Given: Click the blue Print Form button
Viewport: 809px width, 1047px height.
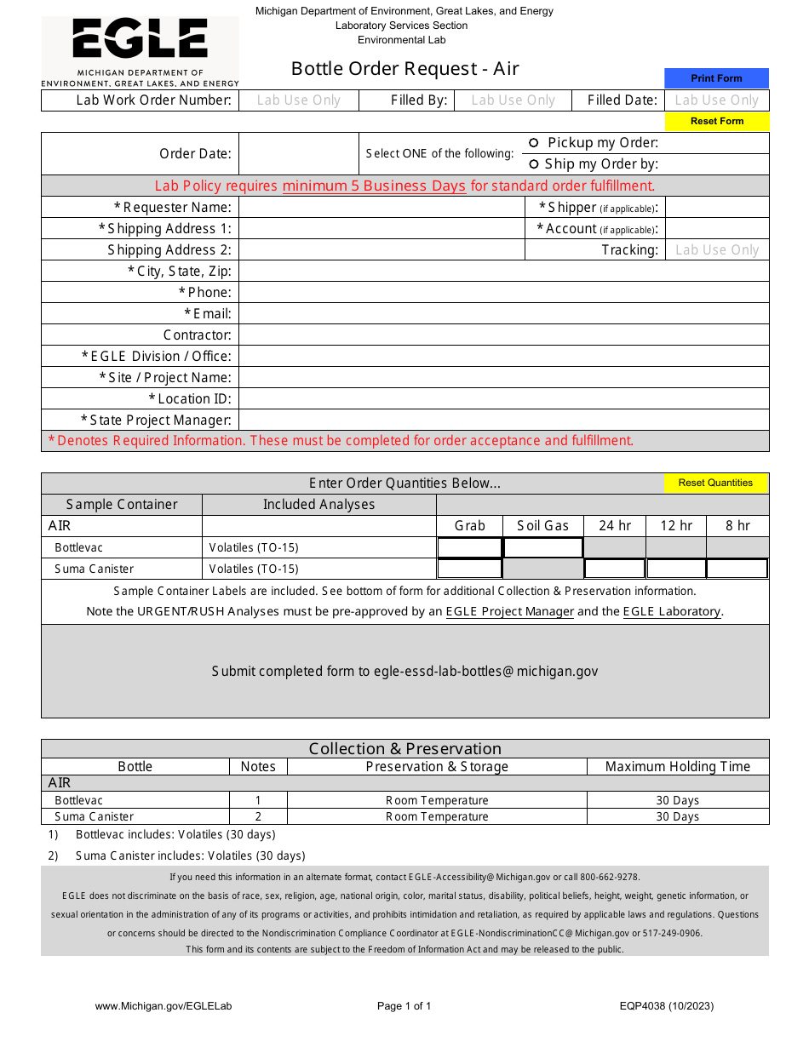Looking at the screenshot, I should [x=716, y=78].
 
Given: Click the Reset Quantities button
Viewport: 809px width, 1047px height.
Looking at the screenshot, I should [x=715, y=483].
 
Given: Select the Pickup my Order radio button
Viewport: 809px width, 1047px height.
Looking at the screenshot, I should [x=534, y=143].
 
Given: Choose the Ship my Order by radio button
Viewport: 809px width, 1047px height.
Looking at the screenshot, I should [x=534, y=164].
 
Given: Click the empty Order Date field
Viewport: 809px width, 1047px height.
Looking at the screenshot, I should [x=298, y=154].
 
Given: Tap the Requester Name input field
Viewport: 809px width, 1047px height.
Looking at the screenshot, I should [x=382, y=207].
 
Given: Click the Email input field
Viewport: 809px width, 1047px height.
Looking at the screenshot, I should [x=503, y=313].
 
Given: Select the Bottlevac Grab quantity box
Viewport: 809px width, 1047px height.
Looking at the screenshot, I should [x=469, y=547].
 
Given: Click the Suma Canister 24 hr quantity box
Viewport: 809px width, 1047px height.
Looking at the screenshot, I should [x=615, y=569].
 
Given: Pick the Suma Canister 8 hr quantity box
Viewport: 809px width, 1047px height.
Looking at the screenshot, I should [x=737, y=569].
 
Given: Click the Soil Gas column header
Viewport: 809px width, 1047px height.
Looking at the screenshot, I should [x=542, y=526].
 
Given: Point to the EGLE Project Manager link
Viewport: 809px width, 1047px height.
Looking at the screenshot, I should [x=510, y=611].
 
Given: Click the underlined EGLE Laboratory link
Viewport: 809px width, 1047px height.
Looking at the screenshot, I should [x=672, y=611].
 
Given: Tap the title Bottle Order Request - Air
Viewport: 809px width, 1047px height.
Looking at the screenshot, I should [x=405, y=69].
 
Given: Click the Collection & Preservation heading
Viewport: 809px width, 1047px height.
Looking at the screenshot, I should [x=405, y=749].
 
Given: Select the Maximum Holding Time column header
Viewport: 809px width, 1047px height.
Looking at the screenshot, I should [x=678, y=766].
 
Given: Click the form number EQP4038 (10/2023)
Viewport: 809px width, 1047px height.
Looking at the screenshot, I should [x=667, y=1006].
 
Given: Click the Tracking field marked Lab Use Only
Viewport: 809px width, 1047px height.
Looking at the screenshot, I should [x=717, y=249].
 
